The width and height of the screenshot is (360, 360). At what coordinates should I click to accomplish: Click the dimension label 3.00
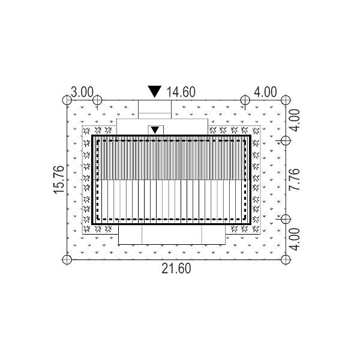point(82,92)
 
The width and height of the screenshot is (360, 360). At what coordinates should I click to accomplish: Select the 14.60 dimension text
point(181,92)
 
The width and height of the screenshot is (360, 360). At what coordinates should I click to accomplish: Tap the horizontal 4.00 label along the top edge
point(265,92)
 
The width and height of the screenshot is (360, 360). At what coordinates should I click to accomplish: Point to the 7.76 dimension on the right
point(295,179)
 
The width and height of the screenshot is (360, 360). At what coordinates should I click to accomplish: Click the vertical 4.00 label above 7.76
point(295,121)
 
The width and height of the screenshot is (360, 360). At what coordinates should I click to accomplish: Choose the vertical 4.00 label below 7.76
point(295,239)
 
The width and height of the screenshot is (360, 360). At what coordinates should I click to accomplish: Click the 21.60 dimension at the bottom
point(176,269)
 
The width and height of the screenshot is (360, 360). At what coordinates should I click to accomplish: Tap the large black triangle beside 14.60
point(155,91)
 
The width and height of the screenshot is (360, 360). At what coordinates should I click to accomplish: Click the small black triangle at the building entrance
point(155,130)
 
